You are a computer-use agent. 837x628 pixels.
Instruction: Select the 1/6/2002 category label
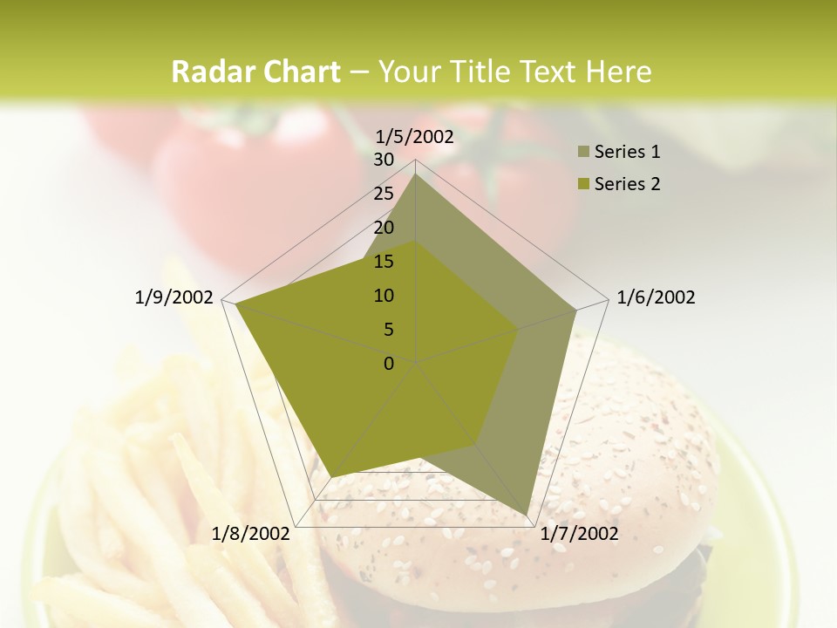click(656, 297)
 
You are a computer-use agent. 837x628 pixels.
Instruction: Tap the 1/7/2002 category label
click(579, 534)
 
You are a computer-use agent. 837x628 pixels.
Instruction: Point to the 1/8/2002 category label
click(250, 534)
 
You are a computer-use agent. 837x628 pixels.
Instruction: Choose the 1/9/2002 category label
click(174, 297)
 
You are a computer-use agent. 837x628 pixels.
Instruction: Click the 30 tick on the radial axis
click(384, 160)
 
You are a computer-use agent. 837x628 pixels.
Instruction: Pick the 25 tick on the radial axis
click(384, 194)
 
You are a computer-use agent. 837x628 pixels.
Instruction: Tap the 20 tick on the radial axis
click(384, 228)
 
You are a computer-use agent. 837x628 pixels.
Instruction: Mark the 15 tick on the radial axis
click(384, 262)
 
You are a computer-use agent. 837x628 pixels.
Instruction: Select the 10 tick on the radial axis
click(384, 296)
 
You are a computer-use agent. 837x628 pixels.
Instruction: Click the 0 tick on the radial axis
click(389, 364)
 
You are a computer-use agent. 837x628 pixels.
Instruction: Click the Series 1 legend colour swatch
click(584, 153)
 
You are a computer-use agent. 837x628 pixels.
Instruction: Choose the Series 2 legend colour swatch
click(584, 184)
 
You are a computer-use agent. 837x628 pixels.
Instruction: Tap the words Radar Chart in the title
click(255, 72)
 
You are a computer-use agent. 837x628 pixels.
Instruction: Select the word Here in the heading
click(619, 72)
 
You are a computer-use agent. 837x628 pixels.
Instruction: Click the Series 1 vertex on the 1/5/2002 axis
click(415, 174)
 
